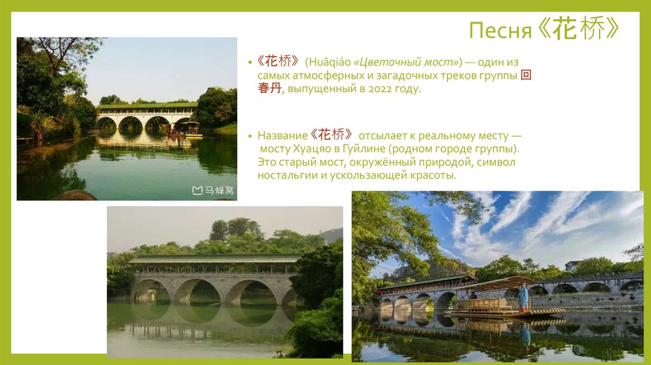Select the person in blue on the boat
(x=523, y=296)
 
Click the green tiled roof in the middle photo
(x=214, y=259)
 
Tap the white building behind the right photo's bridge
(x=572, y=265)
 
